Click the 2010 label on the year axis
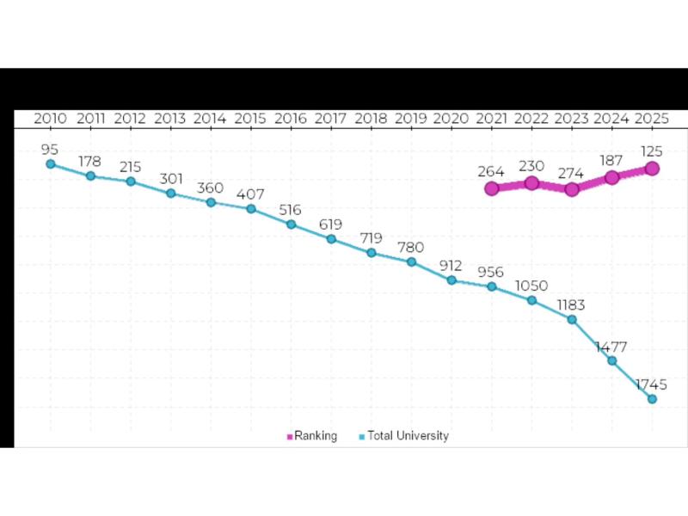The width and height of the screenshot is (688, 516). point(50,118)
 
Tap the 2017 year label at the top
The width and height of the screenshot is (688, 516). point(331,118)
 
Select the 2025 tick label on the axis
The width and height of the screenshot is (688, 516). point(652,118)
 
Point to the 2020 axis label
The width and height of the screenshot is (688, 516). point(451,118)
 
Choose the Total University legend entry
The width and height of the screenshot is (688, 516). point(403,436)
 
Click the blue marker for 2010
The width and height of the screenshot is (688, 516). point(50,163)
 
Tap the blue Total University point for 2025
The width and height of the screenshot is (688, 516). point(652,399)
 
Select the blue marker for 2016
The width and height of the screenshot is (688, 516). point(292,224)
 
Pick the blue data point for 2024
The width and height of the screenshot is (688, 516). point(612,360)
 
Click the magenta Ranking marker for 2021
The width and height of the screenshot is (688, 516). point(492,188)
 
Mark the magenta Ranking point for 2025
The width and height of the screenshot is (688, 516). point(652,169)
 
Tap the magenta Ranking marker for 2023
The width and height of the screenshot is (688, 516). point(572,189)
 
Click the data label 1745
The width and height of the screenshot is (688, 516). point(652,384)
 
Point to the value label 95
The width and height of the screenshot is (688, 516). point(50,149)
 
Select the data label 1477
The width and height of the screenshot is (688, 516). point(611,347)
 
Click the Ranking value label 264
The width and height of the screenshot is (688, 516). point(492,171)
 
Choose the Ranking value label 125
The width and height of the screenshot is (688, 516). point(652,151)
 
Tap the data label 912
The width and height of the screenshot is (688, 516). point(451,266)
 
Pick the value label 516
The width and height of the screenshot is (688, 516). point(292,210)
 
